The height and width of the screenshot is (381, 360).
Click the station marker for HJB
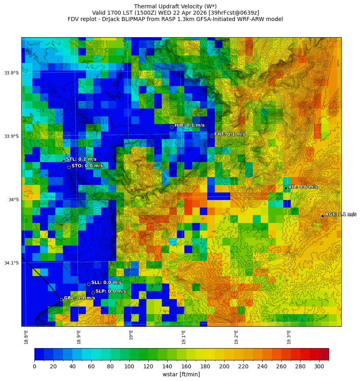click(172, 127)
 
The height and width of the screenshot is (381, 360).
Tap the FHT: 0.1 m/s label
click(229, 134)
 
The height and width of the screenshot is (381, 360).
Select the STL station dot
click(63, 161)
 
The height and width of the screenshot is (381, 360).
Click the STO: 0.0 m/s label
click(87, 166)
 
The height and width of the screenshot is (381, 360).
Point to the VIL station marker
click(286, 188)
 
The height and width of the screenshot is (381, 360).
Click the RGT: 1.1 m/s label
click(340, 214)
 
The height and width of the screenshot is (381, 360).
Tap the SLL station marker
click(89, 284)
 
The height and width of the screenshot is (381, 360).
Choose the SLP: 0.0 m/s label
click(111, 291)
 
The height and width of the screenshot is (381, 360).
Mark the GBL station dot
click(61, 299)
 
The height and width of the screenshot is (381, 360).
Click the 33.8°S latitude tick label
click(11, 73)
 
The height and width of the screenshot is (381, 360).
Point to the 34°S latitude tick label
click(13, 200)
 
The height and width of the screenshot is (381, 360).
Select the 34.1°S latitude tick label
click(11, 263)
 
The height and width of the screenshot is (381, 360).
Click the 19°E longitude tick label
click(131, 335)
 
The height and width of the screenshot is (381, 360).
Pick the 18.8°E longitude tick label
click(26, 337)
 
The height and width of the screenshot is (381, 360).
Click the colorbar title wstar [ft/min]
click(181, 374)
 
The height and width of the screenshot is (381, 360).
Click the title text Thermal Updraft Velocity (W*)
click(175, 6)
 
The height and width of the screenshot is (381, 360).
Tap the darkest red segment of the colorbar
click(324, 354)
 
